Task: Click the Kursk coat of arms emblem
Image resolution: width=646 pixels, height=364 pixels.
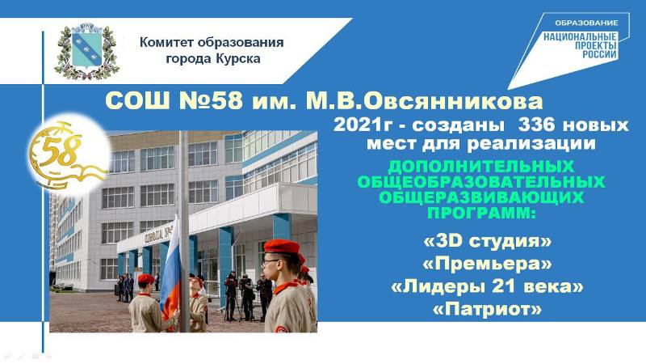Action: click(87, 51)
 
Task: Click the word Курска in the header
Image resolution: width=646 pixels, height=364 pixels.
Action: click(237, 58)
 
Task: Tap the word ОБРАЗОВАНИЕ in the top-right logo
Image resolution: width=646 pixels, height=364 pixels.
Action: click(586, 23)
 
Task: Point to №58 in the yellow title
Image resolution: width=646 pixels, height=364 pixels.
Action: click(211, 100)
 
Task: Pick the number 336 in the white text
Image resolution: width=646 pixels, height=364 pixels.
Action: click(536, 125)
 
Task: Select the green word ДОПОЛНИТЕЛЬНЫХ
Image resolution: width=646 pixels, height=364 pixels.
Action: click(480, 167)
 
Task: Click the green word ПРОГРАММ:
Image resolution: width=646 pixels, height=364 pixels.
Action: click(480, 214)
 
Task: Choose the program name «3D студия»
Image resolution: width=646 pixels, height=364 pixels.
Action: click(487, 241)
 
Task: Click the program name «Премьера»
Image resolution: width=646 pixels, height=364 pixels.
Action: click(487, 264)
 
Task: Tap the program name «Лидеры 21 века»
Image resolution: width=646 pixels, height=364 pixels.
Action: click(487, 286)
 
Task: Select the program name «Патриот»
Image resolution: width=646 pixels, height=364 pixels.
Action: click(487, 309)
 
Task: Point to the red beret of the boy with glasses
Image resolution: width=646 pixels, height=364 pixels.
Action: click(282, 247)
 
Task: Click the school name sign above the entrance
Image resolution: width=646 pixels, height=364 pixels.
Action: click(157, 235)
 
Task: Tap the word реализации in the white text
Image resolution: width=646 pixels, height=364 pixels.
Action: click(531, 143)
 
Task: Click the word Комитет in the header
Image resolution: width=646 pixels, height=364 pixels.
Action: click(167, 43)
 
